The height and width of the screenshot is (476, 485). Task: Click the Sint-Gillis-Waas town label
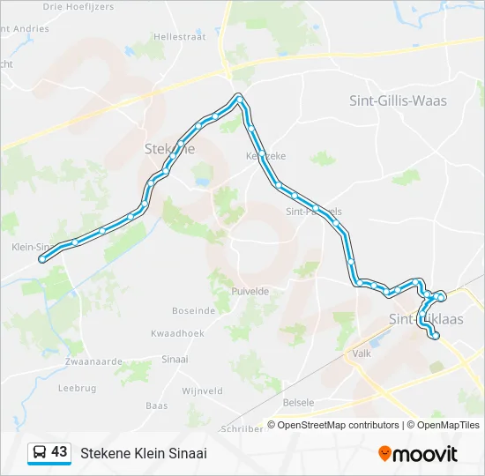click(x=399, y=100)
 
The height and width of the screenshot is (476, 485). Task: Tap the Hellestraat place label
click(x=179, y=37)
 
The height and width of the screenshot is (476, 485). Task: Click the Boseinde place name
click(x=194, y=310)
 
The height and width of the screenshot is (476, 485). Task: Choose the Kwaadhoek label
click(x=177, y=333)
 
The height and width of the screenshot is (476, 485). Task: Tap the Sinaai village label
click(x=175, y=360)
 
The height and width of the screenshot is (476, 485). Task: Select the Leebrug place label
click(x=77, y=387)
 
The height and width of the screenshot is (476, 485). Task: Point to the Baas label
click(x=156, y=406)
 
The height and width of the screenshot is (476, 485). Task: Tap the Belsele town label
click(x=299, y=403)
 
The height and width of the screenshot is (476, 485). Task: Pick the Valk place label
click(x=362, y=353)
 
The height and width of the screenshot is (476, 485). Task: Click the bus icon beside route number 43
click(x=40, y=452)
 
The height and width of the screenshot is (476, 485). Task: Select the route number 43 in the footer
click(x=59, y=452)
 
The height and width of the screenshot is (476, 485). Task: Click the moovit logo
click(x=418, y=453)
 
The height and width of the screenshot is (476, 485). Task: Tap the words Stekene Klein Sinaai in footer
click(x=144, y=453)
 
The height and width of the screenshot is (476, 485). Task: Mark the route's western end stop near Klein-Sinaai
click(x=41, y=259)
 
